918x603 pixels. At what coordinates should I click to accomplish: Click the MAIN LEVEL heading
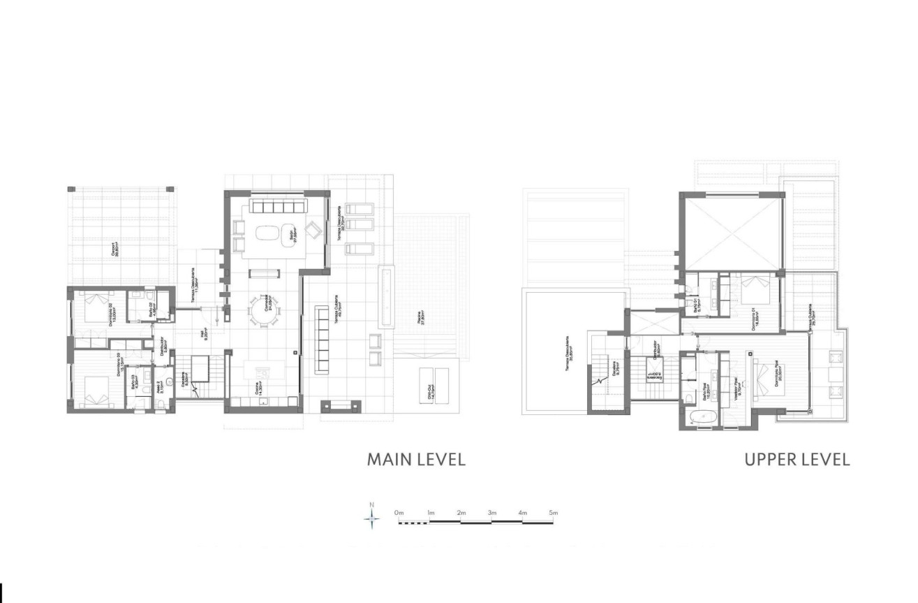(416, 460)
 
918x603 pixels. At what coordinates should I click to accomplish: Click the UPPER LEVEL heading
(797, 460)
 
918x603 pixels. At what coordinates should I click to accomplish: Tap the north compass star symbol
(373, 518)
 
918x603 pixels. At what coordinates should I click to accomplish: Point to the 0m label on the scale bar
(399, 513)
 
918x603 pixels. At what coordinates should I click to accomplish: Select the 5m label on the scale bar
(553, 513)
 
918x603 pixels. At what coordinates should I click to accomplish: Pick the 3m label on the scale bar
(491, 513)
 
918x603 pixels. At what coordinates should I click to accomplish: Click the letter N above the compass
(373, 504)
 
